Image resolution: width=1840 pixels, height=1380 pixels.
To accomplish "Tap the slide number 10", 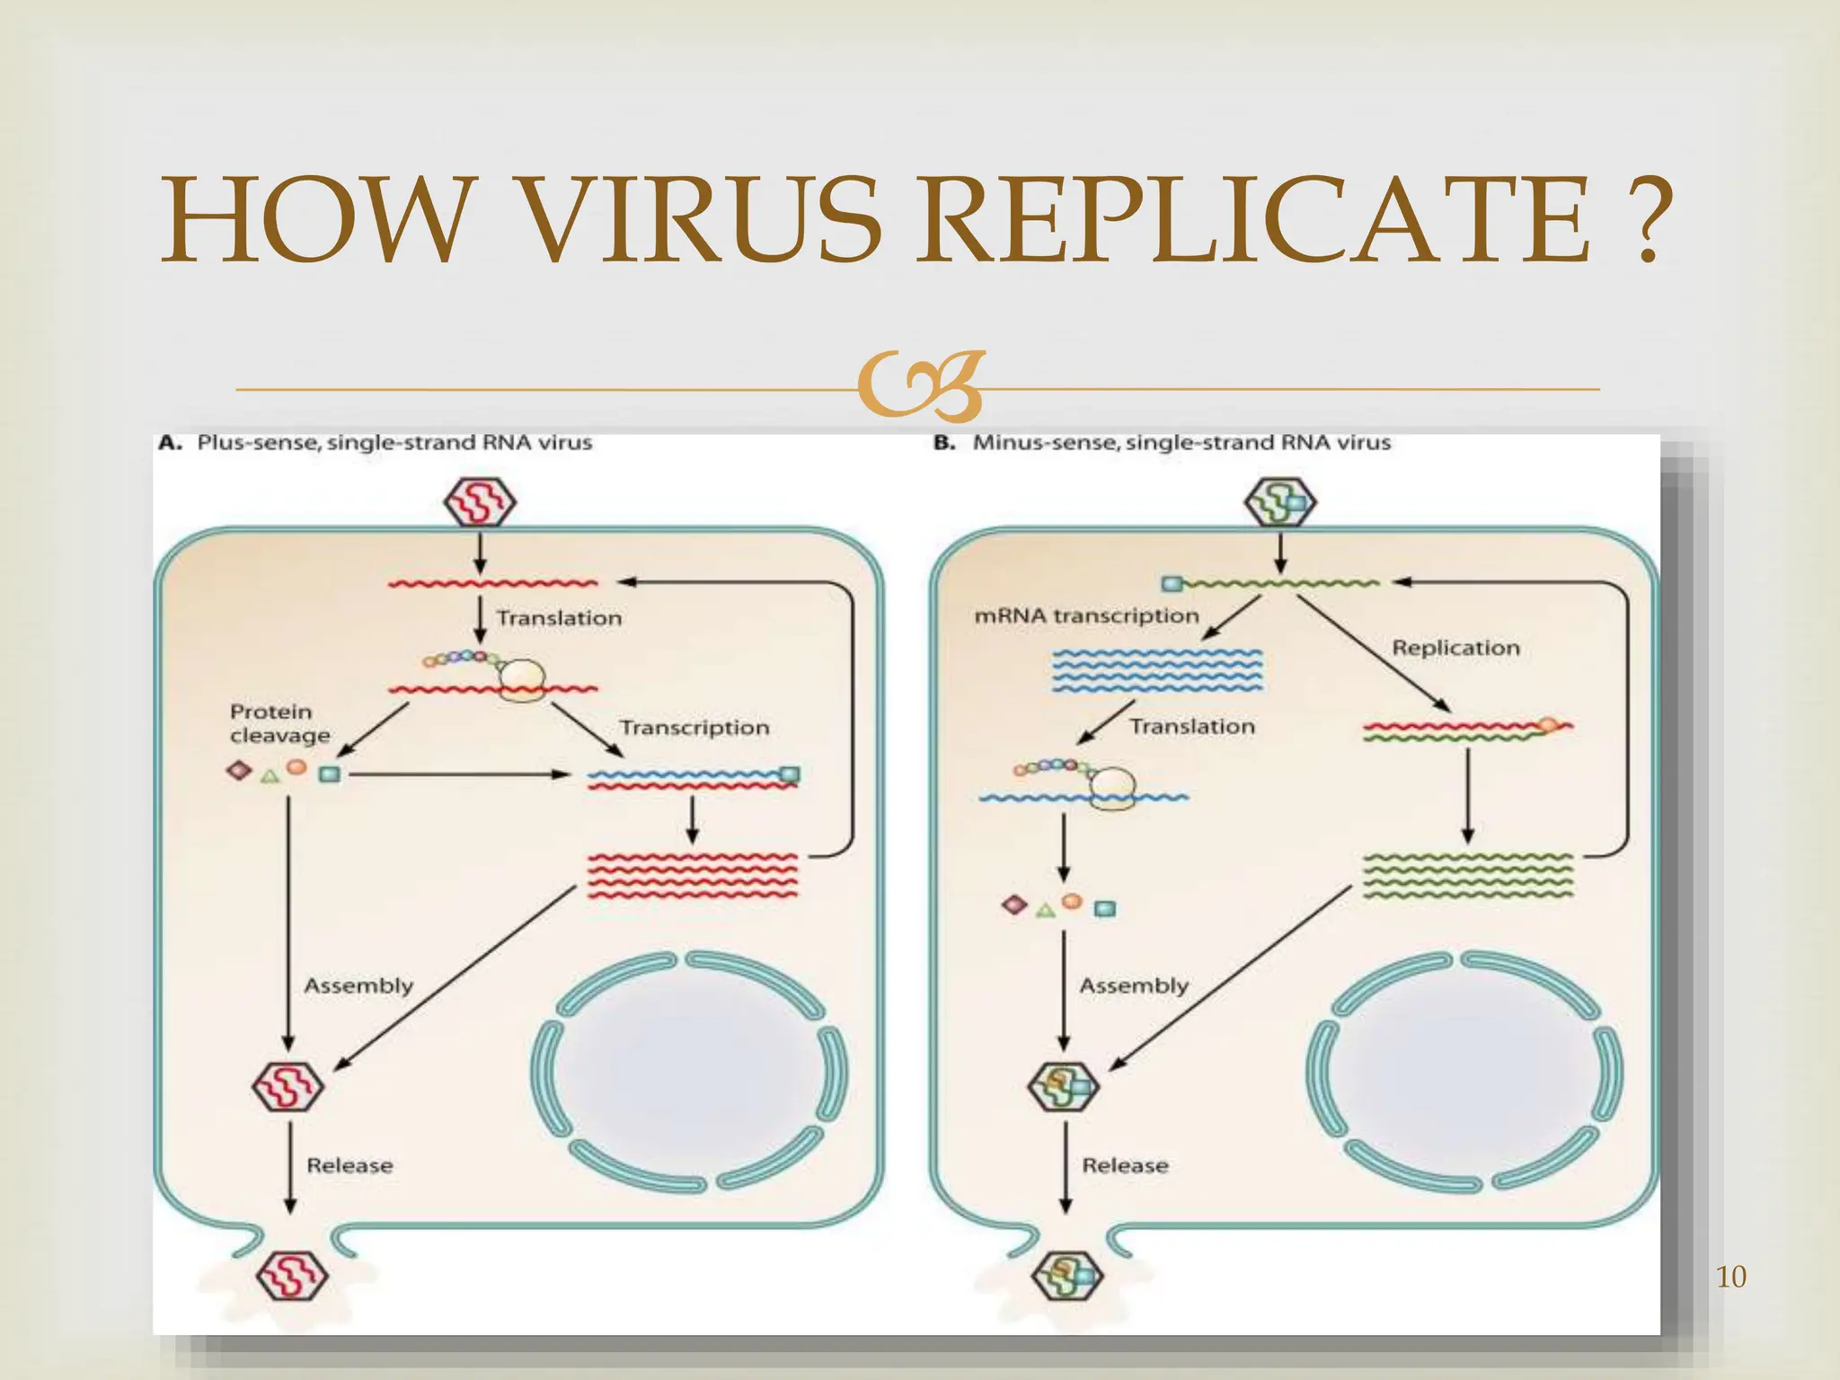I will pos(1730,1277).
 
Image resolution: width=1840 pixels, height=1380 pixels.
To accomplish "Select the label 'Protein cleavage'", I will pos(279,723).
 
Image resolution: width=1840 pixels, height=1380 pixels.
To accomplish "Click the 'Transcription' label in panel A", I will pos(694,727).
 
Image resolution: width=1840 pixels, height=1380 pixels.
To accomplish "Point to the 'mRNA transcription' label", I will pos(1086,615).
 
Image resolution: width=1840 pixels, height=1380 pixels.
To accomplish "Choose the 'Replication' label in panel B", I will pos(1455,648).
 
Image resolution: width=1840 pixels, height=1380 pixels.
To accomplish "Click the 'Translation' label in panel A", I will pos(559,618).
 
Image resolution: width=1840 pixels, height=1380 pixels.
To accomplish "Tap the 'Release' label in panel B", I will pos(1125,1165).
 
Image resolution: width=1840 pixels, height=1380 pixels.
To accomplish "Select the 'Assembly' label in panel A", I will pos(358,986).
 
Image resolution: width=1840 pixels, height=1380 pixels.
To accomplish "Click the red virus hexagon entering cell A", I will pos(480,502).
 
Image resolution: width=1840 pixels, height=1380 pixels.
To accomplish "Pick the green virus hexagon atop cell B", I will pos(1280,502).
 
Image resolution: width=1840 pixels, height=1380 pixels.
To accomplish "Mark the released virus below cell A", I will pos(291,1275).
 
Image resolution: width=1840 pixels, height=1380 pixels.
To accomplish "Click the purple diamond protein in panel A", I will pos(238,770).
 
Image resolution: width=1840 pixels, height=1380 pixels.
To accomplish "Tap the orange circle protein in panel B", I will pos(1072,901).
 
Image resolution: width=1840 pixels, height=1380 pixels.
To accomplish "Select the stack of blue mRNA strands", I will pos(1157,671).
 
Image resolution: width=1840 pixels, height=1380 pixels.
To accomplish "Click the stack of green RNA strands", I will pos(1468,875).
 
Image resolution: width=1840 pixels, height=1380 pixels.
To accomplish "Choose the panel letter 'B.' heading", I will pos(944,443).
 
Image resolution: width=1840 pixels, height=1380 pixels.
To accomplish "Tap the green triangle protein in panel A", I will pos(269,775).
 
